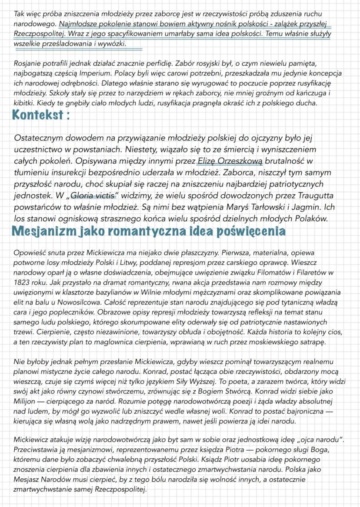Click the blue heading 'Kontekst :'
tap(41, 116)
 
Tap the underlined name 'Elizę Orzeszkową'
tap(230, 161)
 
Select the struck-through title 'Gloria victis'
tap(95, 195)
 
